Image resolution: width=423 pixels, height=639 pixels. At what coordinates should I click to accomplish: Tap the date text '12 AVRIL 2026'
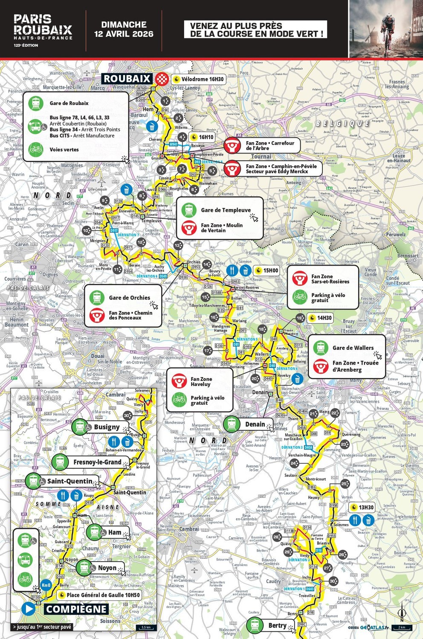(x=124, y=34)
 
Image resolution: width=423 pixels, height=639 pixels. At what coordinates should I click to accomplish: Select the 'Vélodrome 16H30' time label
(x=198, y=79)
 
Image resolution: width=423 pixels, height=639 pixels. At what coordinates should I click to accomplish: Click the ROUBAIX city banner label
(x=127, y=78)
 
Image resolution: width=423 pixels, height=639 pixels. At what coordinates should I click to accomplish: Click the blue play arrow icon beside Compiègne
(x=29, y=609)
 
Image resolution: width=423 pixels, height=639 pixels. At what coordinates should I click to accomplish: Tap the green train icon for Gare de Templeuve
(x=188, y=210)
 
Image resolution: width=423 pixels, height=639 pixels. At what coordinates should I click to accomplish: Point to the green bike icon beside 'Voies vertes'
(x=36, y=149)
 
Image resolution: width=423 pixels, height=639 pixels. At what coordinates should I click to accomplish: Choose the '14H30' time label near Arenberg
(x=320, y=318)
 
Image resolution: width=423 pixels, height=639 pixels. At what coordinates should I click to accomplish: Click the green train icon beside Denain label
(x=232, y=424)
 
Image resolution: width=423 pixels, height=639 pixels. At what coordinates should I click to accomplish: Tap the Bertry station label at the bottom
(x=277, y=625)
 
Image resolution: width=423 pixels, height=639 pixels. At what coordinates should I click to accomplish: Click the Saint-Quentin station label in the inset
(x=70, y=481)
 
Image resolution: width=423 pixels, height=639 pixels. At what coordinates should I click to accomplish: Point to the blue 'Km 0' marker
(x=46, y=585)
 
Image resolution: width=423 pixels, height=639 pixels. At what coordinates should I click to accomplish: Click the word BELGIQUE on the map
(x=342, y=123)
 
